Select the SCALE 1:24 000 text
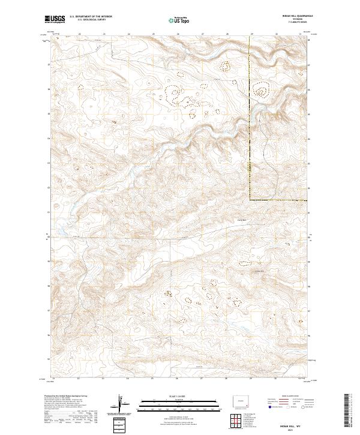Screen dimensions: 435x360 coord(167,395)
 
